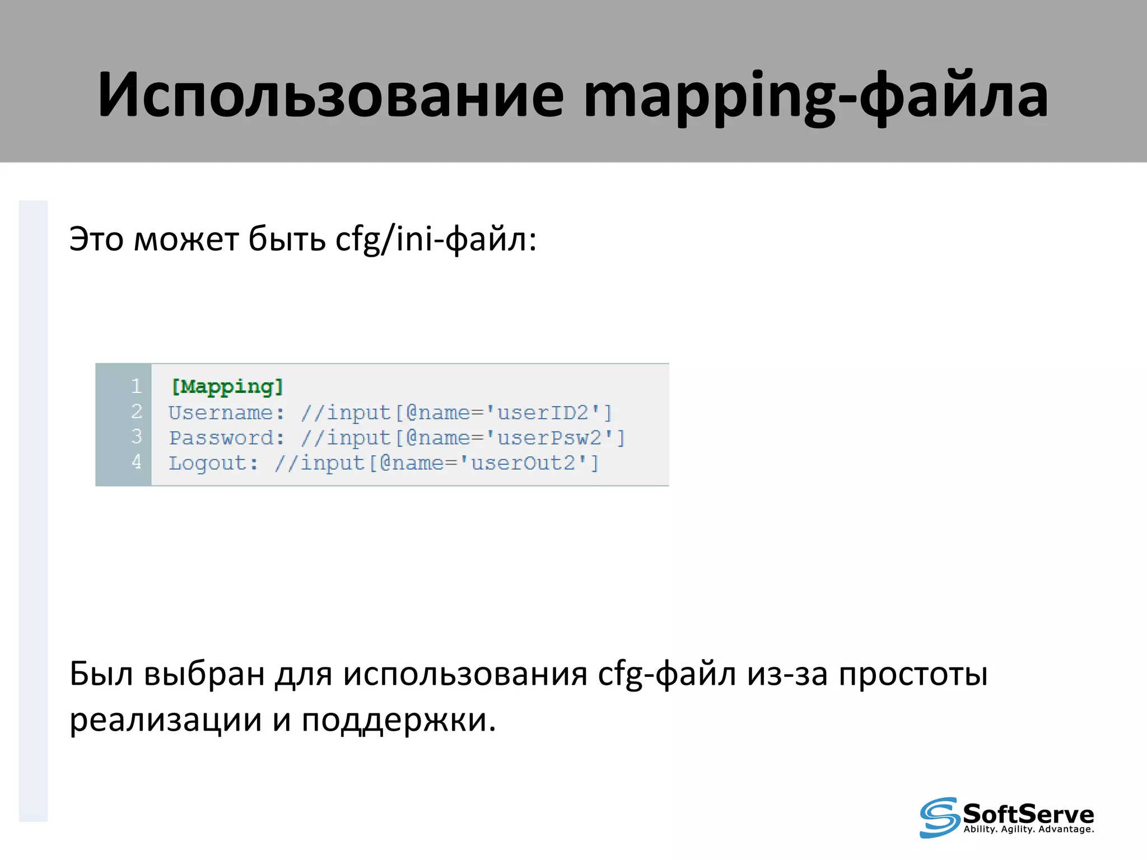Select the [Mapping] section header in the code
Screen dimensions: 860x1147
227,386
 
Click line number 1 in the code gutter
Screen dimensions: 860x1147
136,386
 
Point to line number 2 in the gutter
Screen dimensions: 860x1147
136,412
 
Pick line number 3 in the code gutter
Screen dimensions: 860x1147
136,437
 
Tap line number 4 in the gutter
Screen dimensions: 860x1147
136,462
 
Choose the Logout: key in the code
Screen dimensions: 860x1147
213,463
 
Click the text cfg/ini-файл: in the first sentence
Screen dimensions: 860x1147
436,240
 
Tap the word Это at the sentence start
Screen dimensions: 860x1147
96,240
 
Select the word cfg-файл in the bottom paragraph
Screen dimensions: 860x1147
666,674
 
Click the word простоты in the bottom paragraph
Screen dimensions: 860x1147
913,674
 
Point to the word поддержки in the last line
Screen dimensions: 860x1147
398,721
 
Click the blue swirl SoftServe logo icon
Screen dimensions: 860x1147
939,817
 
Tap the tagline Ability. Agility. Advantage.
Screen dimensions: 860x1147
1028,829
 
